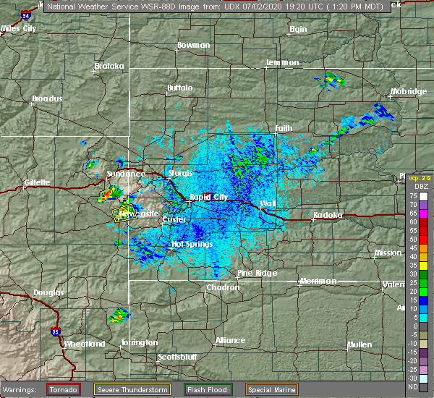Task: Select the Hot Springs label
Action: pos(192,244)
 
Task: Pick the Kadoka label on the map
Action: pos(328,216)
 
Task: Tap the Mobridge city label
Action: pos(407,92)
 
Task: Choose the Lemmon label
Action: pos(282,63)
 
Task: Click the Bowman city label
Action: pos(194,45)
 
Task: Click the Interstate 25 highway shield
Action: pos(56,332)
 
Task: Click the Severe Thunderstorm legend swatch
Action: pos(133,389)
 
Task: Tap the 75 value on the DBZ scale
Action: pos(413,195)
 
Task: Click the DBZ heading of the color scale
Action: pos(414,186)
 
